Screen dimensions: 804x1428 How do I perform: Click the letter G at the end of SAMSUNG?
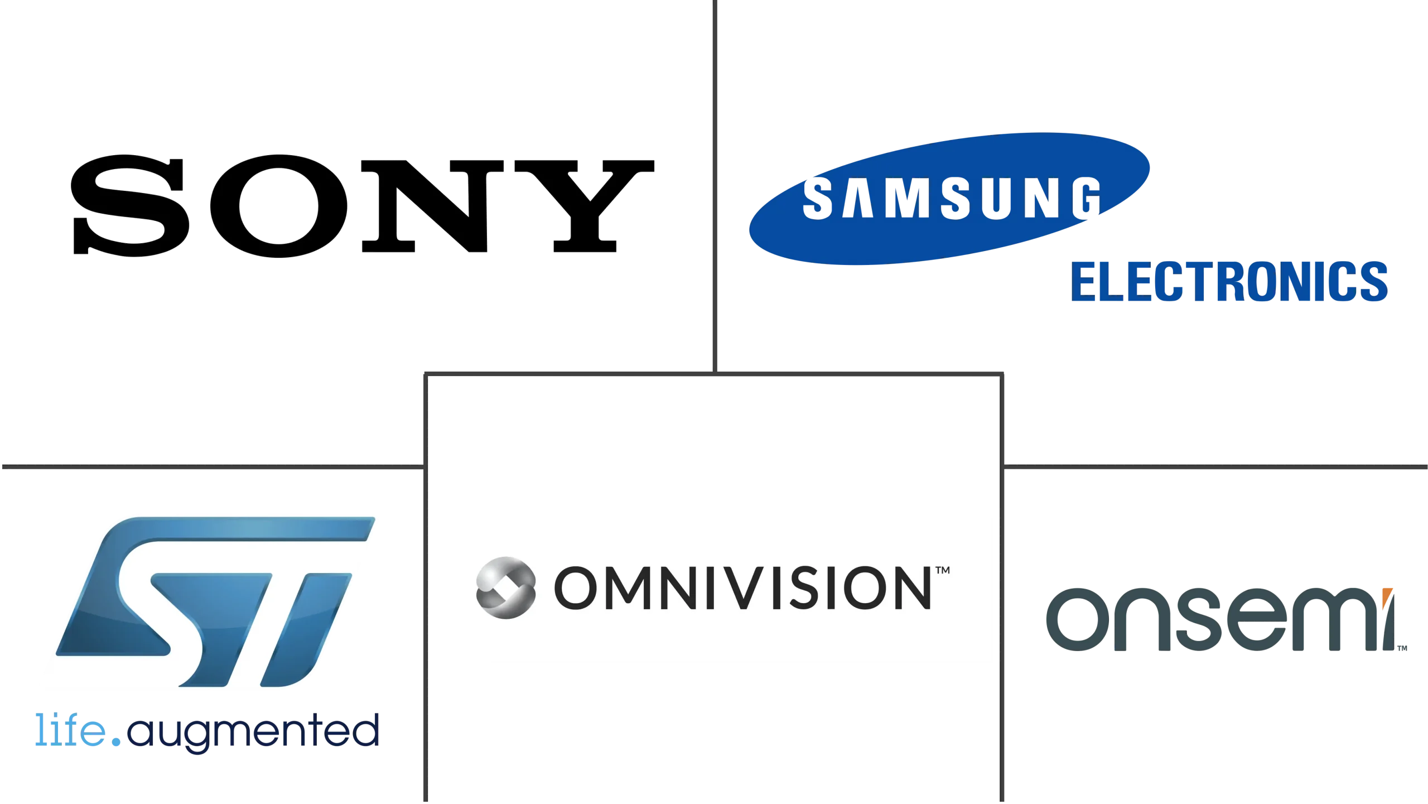coord(1084,198)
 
